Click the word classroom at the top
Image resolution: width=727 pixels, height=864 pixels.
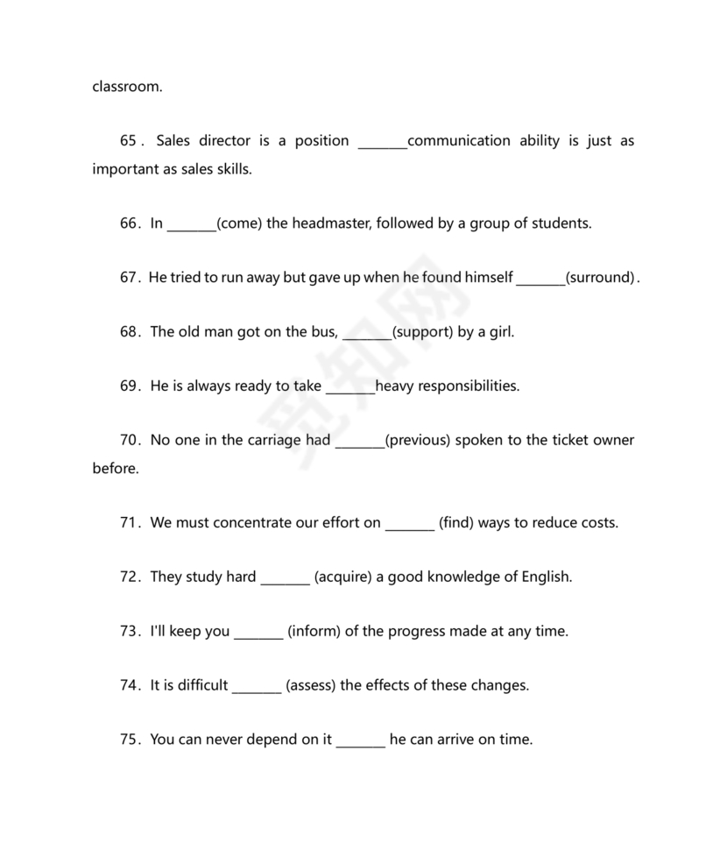pyautogui.click(x=127, y=87)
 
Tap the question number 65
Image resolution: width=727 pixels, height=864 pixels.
pyautogui.click(x=129, y=141)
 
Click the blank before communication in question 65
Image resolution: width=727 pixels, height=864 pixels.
pyautogui.click(x=383, y=143)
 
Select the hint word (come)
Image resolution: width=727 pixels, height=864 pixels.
pyautogui.click(x=239, y=223)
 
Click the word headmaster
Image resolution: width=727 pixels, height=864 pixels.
pyautogui.click(x=330, y=223)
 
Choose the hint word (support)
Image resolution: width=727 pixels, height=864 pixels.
pyautogui.click(x=421, y=332)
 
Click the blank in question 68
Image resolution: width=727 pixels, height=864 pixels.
pyautogui.click(x=366, y=334)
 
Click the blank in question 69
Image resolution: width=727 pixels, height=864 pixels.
pyautogui.click(x=350, y=388)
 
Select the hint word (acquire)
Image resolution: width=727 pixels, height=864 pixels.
pyautogui.click(x=342, y=577)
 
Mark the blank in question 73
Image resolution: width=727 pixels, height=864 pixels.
pyautogui.click(x=258, y=634)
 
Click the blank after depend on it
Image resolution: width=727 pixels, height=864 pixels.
pyautogui.click(x=360, y=742)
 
